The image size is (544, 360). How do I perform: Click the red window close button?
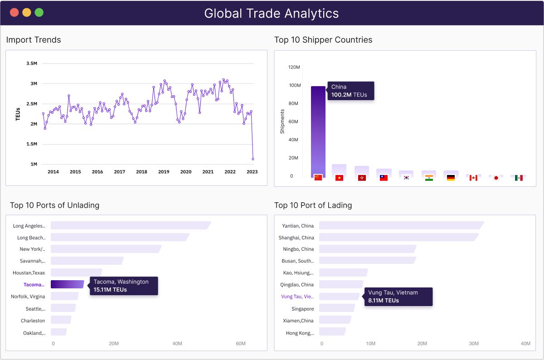[x=15, y=13]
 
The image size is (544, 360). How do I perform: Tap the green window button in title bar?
[x=39, y=13]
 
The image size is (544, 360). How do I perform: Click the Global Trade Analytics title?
[x=271, y=13]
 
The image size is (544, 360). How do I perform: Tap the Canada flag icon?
[x=473, y=178]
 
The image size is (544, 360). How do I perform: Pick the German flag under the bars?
[x=451, y=178]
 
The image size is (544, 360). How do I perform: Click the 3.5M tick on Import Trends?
[x=32, y=63]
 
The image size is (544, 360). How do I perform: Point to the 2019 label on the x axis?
[x=164, y=172]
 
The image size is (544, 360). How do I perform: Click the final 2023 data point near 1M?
[x=253, y=159]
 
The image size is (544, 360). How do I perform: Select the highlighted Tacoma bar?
[x=67, y=284]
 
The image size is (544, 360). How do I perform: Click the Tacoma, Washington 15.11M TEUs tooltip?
[x=124, y=286]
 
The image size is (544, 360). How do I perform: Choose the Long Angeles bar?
[x=131, y=225]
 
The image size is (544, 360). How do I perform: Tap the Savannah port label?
[x=33, y=261]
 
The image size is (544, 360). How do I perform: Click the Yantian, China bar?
[x=401, y=225]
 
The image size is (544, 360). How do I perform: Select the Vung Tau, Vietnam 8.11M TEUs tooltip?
[x=398, y=297]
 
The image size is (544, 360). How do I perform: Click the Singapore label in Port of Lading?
[x=302, y=309]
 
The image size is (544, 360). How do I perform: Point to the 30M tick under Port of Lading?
[x=474, y=344]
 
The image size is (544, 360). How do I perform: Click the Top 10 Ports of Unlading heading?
[x=54, y=205]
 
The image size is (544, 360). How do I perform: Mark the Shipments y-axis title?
[x=282, y=122]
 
